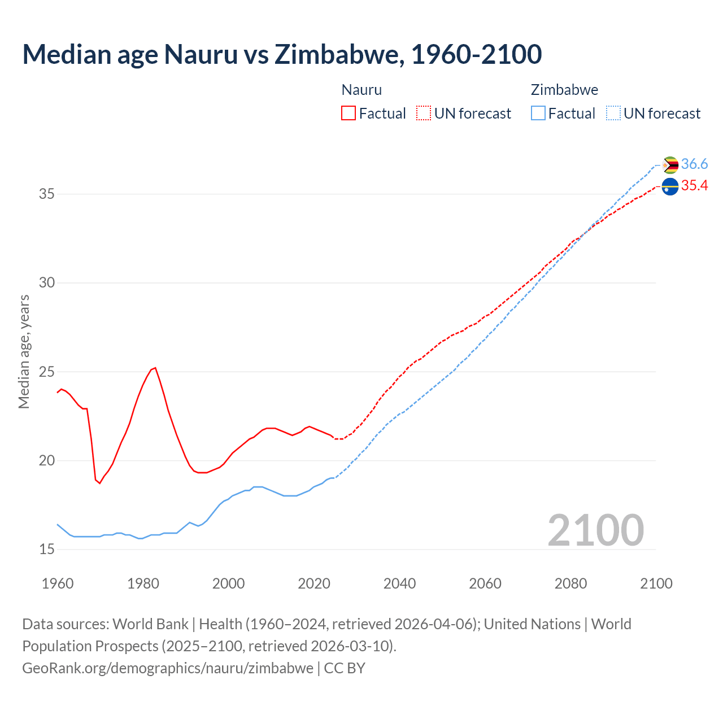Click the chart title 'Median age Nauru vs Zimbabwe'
tap(282, 54)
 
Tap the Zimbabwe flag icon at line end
tap(670, 165)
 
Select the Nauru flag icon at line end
tap(670, 186)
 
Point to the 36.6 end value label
tap(694, 164)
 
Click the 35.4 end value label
tap(694, 186)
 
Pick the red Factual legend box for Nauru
tap(349, 114)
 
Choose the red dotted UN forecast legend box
tap(424, 114)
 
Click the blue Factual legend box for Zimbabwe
tap(538, 114)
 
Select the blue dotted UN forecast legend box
tap(613, 114)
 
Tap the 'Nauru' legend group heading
tap(361, 90)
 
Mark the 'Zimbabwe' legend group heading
tap(564, 90)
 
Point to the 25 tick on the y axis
tap(46, 372)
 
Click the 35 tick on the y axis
tap(46, 194)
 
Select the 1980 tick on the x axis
tap(143, 583)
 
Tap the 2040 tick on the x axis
tap(399, 583)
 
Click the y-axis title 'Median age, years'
tap(24, 351)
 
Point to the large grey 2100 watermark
tap(595, 530)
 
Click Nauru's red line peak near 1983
tap(155, 368)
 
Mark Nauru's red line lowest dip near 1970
tap(99, 483)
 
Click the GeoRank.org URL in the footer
tap(168, 668)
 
